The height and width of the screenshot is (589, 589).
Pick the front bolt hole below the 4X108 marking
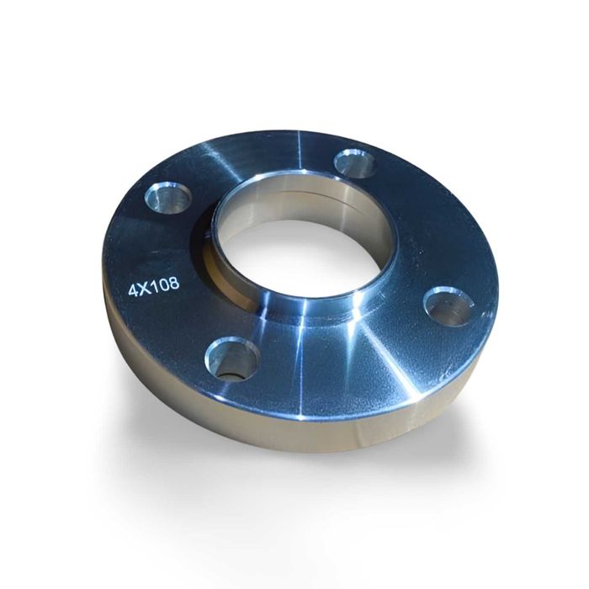[229, 358]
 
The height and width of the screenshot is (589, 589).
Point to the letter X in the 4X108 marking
[145, 288]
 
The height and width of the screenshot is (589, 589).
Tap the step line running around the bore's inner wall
[294, 193]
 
